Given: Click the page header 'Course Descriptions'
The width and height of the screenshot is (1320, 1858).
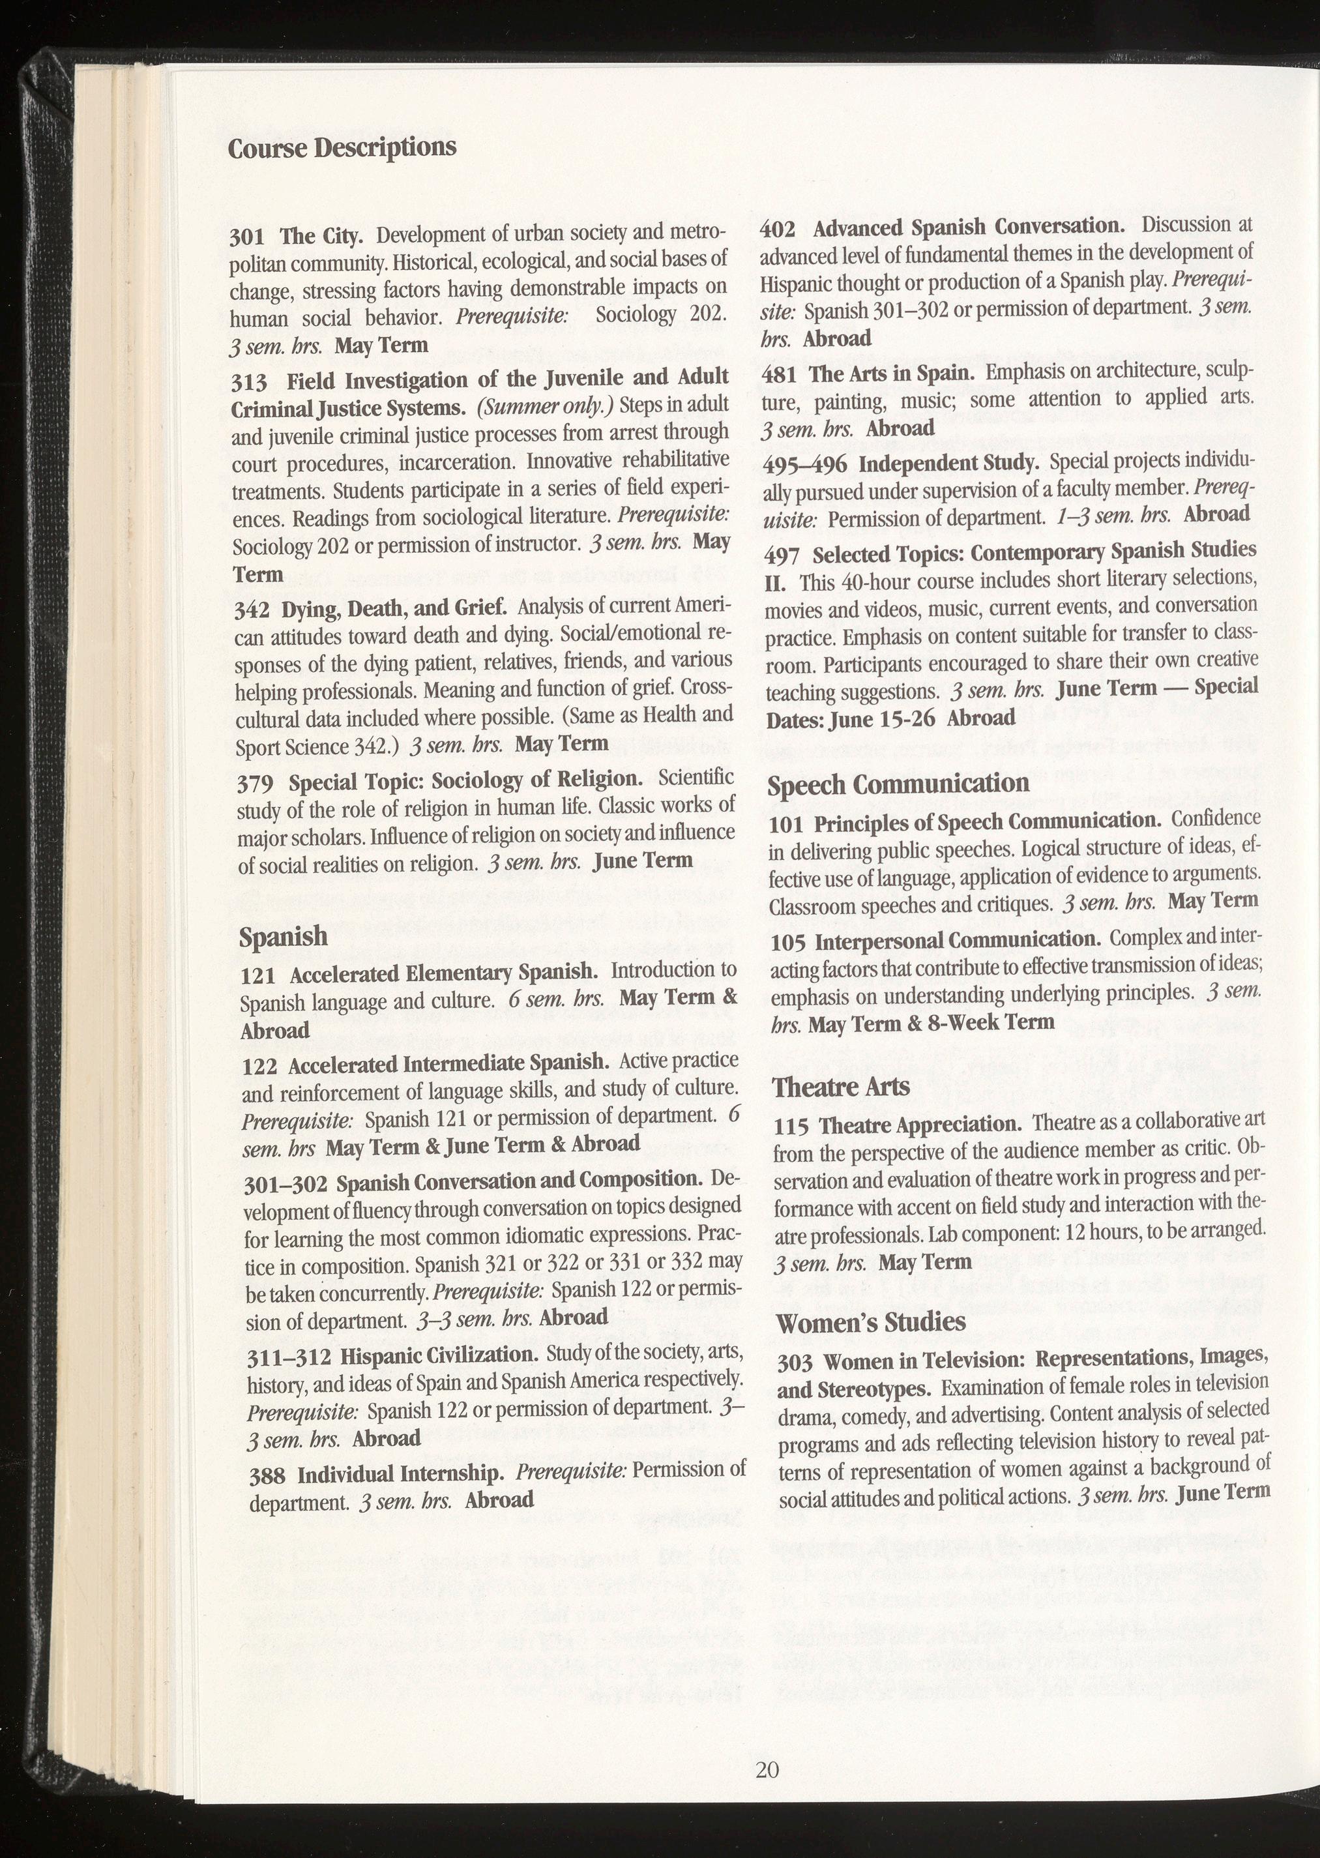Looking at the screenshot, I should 342,148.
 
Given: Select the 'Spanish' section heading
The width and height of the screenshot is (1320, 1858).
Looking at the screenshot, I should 283,936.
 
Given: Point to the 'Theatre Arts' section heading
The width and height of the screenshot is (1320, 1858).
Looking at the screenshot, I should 840,1087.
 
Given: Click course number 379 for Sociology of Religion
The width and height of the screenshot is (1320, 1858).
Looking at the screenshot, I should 254,784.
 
